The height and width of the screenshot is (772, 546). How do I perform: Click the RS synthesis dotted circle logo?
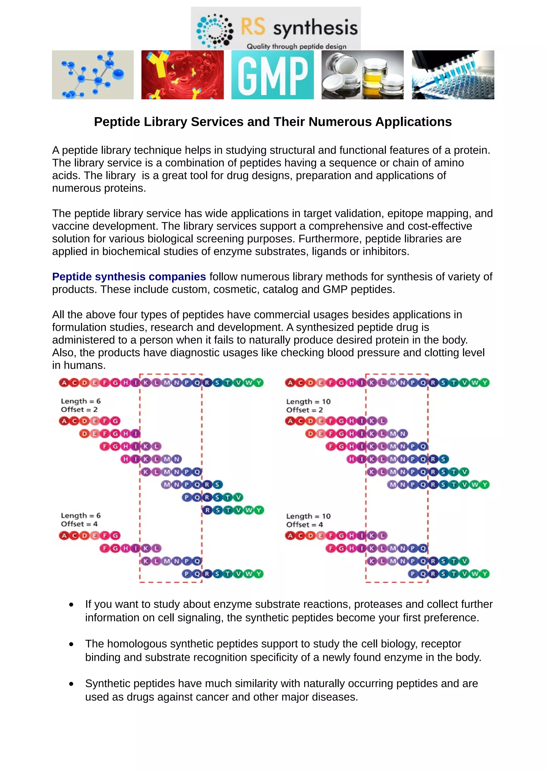click(215, 31)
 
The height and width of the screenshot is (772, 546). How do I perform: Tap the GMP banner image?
click(272, 75)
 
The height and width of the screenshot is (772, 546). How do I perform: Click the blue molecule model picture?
click(93, 75)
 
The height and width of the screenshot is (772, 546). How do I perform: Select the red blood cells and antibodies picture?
click(182, 75)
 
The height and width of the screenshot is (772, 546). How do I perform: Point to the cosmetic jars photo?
click(362, 75)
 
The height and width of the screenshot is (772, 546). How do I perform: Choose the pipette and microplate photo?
click(453, 75)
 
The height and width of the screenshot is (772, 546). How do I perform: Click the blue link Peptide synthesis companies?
click(129, 277)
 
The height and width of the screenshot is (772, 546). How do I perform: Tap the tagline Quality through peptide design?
click(296, 46)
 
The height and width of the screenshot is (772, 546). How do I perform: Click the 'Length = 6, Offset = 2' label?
click(81, 405)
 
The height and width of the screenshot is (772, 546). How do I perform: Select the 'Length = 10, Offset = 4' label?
click(308, 520)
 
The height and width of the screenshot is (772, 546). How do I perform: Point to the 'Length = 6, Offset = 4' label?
click(81, 519)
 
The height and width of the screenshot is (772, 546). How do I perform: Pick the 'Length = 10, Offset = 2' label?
click(308, 405)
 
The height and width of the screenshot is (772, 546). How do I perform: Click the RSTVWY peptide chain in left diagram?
click(233, 510)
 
